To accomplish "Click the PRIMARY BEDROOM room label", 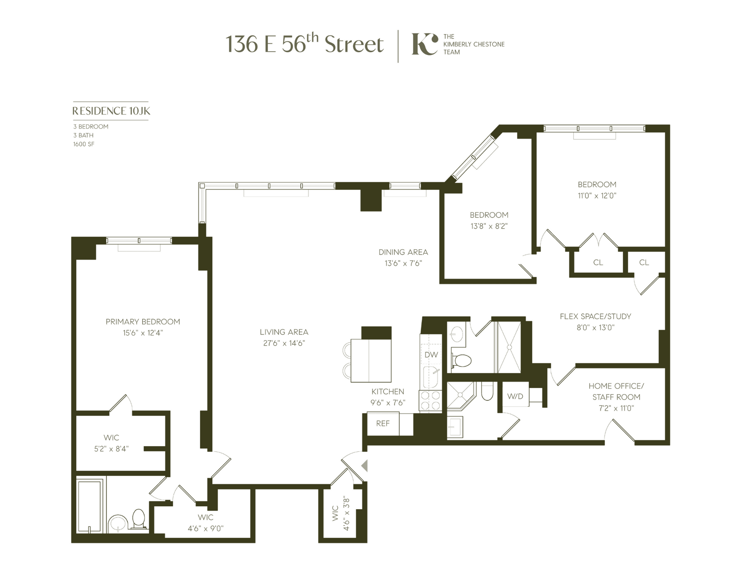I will [x=143, y=322].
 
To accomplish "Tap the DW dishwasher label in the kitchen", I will [x=431, y=355].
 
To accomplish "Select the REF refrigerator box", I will [x=383, y=424].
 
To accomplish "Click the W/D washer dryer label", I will [x=515, y=396].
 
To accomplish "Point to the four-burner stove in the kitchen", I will [x=430, y=401].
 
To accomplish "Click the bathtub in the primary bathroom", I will [x=90, y=506].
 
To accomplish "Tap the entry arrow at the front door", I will [x=364, y=466].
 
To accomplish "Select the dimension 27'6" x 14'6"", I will [x=284, y=343].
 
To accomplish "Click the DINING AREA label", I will [x=403, y=252].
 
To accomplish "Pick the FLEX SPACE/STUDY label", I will [x=595, y=316].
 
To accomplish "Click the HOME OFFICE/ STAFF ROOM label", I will [x=616, y=391].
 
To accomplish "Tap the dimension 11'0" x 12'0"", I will [x=597, y=195].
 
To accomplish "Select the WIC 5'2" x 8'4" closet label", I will [x=111, y=443].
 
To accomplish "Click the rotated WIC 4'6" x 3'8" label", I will [x=341, y=514].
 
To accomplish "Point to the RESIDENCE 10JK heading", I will [x=111, y=111].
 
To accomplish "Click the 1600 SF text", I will [x=84, y=144].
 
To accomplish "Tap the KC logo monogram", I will [x=424, y=44].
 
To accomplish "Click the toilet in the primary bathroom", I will [x=139, y=518].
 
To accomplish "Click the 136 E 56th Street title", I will [x=304, y=44].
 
